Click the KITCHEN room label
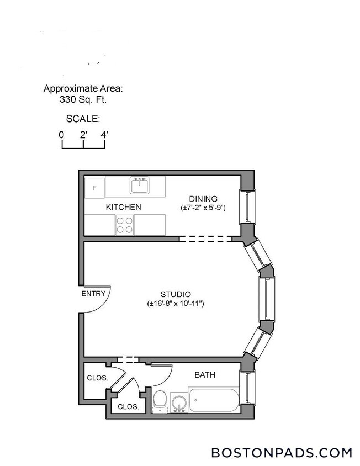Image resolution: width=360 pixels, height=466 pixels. [123, 208]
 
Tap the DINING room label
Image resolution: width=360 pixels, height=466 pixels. [203, 199]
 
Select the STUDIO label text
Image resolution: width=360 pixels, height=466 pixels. [176, 294]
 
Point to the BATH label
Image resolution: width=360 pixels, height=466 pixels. [205, 375]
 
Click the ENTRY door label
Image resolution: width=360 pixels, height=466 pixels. [93, 294]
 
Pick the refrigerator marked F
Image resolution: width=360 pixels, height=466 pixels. [94, 188]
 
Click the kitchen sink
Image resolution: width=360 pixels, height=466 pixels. [140, 185]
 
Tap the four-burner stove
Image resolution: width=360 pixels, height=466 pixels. [124, 225]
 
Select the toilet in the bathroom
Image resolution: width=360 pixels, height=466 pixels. [159, 401]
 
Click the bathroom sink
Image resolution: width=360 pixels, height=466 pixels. [178, 403]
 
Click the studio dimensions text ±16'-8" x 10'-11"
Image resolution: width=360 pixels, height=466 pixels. [176, 304]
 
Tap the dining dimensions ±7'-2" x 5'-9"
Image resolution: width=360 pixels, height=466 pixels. [203, 208]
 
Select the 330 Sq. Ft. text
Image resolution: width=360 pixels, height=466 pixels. [83, 100]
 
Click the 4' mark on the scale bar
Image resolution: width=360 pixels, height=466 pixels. [104, 135]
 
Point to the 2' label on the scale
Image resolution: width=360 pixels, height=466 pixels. [83, 135]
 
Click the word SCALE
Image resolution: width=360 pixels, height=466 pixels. [82, 119]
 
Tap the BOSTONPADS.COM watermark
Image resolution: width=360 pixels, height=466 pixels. [282, 453]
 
